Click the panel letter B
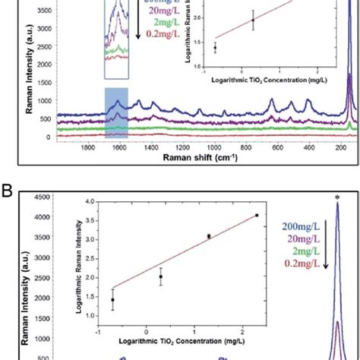click(10, 185)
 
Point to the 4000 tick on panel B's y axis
click(43, 218)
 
